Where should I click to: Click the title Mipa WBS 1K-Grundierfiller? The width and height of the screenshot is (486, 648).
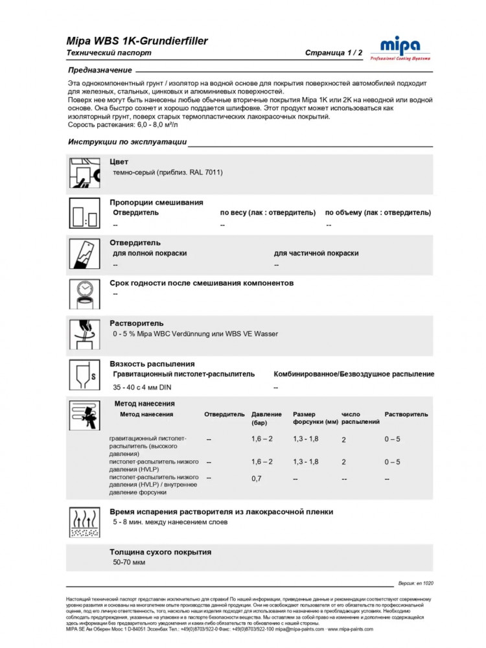click(x=137, y=41)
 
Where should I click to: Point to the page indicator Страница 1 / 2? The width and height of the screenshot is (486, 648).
click(x=334, y=53)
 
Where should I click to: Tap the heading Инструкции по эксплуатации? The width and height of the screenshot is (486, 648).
click(x=127, y=142)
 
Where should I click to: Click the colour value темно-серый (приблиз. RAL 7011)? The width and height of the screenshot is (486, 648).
click(x=168, y=172)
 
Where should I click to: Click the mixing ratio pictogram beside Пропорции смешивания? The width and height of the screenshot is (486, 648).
click(x=84, y=213)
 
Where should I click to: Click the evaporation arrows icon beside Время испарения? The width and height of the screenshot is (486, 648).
click(x=84, y=522)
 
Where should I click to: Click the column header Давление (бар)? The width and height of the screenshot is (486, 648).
click(x=266, y=418)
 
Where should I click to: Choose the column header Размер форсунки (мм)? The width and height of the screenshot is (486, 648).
click(x=315, y=418)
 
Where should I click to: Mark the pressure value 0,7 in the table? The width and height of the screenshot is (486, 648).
click(x=257, y=479)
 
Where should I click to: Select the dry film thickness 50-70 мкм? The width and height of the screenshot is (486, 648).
click(x=129, y=562)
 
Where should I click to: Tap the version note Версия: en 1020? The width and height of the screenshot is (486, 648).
click(x=414, y=583)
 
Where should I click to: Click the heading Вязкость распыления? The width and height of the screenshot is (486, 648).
click(x=152, y=364)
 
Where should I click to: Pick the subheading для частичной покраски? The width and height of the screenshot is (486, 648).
click(x=316, y=253)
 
